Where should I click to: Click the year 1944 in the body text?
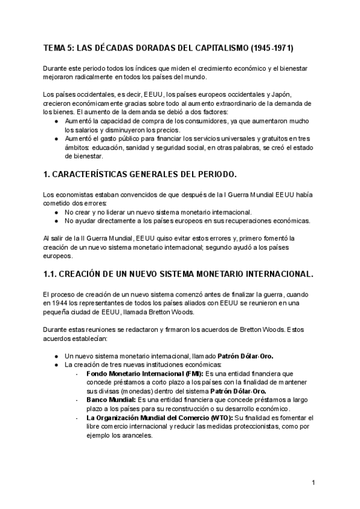pyautogui.click(x=64, y=303)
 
